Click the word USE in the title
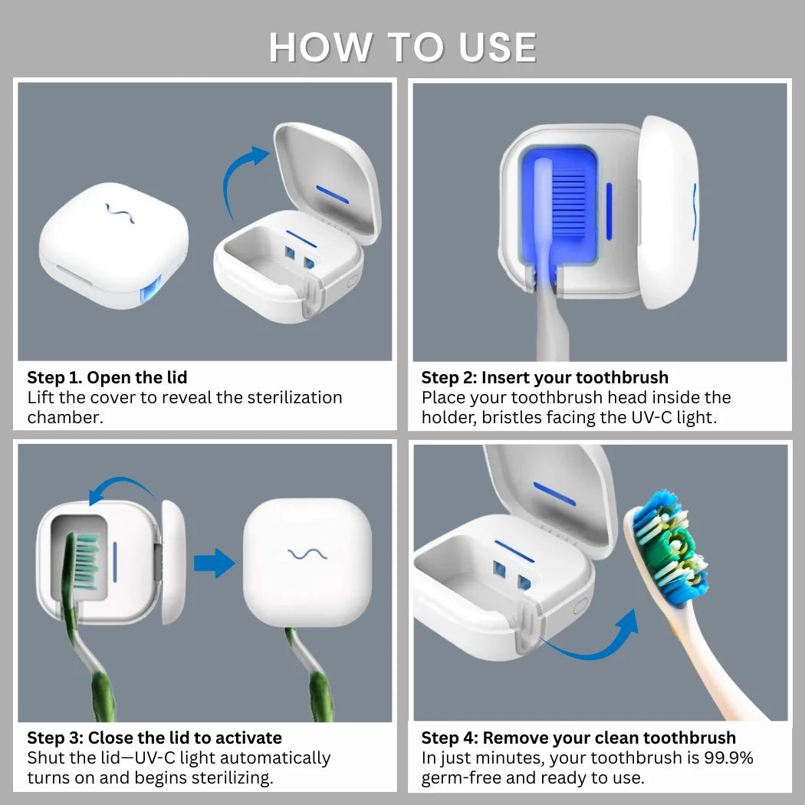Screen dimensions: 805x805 click(x=498, y=48)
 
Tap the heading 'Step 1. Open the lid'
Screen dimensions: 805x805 click(x=107, y=377)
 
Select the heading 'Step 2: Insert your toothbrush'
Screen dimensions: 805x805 click(x=544, y=377)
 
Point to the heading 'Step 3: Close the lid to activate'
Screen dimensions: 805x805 click(x=155, y=738)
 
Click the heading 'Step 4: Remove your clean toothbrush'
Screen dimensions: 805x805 click(x=579, y=738)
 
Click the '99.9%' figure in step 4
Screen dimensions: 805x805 click(x=728, y=757)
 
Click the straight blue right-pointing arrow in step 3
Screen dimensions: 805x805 click(x=215, y=563)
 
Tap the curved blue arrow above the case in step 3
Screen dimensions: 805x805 click(x=120, y=482)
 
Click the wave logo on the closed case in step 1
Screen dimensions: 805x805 click(x=120, y=213)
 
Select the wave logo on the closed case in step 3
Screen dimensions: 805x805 click(x=307, y=554)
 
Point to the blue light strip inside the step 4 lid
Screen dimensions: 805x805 click(x=554, y=494)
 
